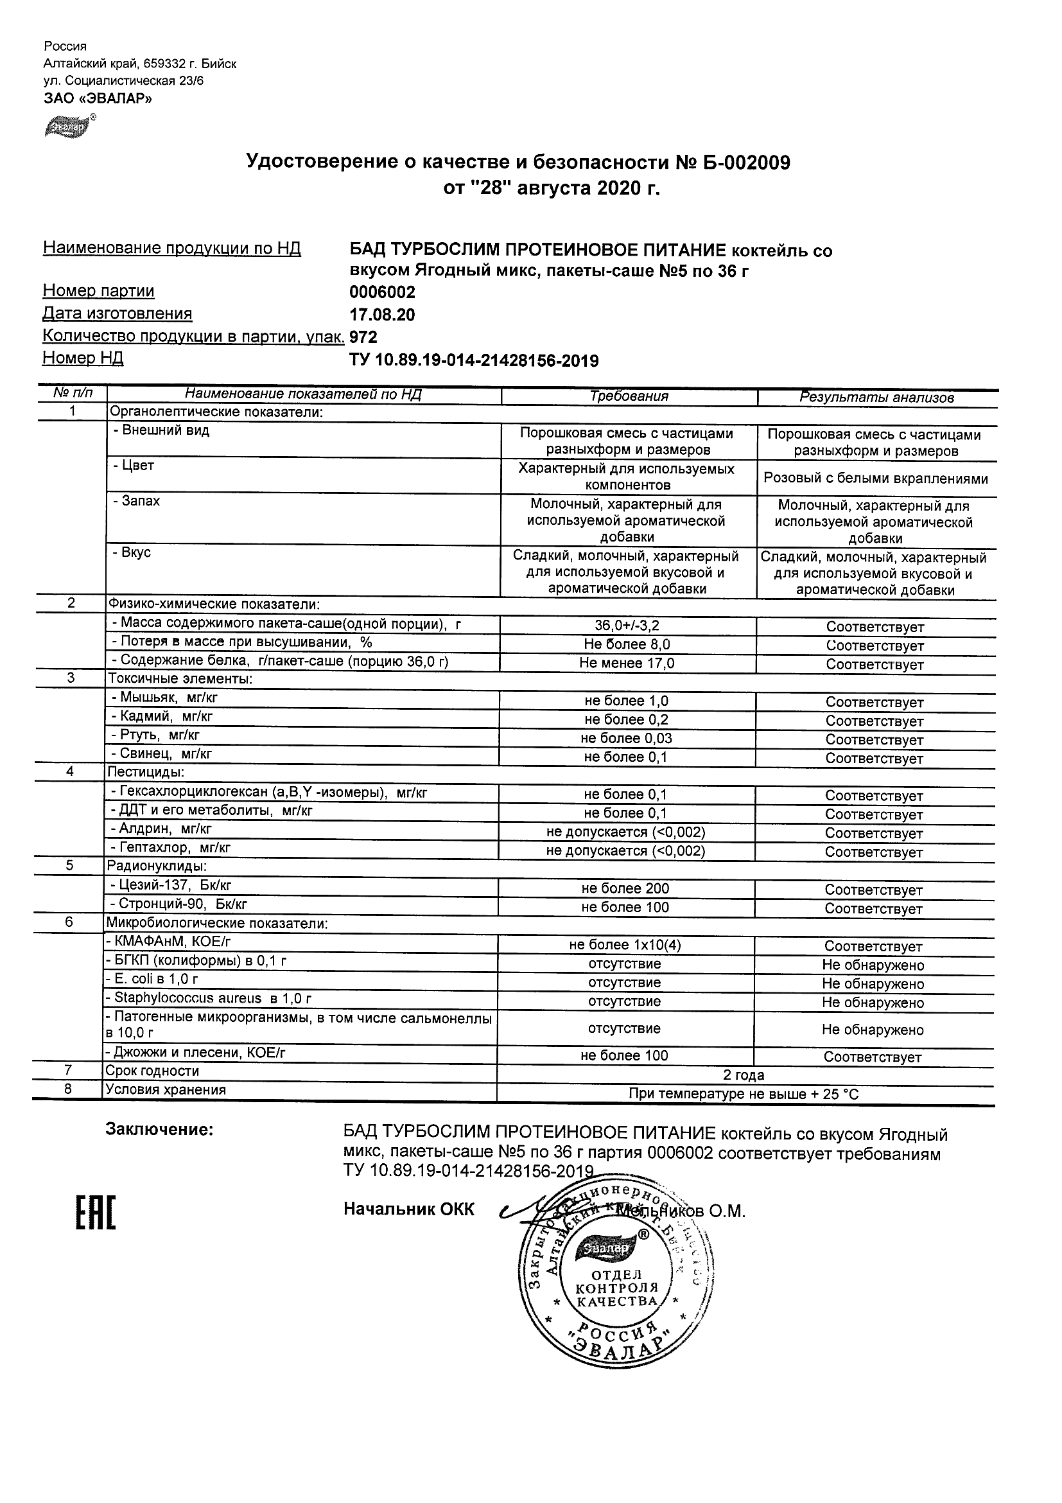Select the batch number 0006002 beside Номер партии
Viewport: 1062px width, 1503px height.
coord(382,292)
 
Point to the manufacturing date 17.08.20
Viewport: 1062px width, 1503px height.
coord(382,315)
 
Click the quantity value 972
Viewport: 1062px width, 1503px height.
coord(364,337)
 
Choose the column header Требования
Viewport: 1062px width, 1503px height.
coord(629,396)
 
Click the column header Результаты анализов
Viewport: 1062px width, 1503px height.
coord(877,398)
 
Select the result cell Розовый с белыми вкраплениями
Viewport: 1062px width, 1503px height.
coord(876,479)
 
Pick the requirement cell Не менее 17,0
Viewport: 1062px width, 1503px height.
coord(627,663)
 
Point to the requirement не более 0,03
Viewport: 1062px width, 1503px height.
coord(626,739)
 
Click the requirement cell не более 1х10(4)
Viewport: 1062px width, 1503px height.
coord(625,945)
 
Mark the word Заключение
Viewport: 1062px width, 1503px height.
coord(160,1129)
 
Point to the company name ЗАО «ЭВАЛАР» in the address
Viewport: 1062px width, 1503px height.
coord(98,98)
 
